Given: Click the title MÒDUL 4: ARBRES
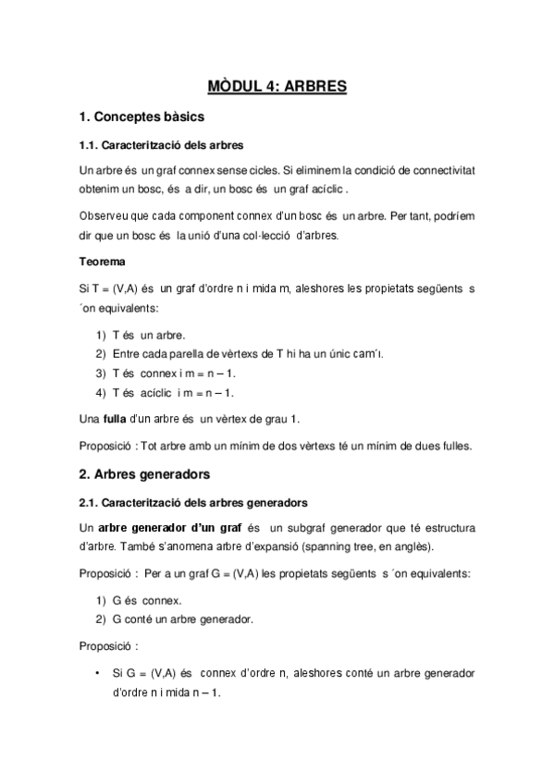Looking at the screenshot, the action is click(x=277, y=87).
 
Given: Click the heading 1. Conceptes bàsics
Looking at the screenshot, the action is click(x=142, y=118).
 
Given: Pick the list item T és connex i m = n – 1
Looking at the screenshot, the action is click(x=172, y=374).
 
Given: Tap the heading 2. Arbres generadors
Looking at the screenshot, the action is click(x=146, y=474).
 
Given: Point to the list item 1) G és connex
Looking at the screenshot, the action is click(x=144, y=600).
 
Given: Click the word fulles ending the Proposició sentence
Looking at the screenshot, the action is click(x=455, y=446).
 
